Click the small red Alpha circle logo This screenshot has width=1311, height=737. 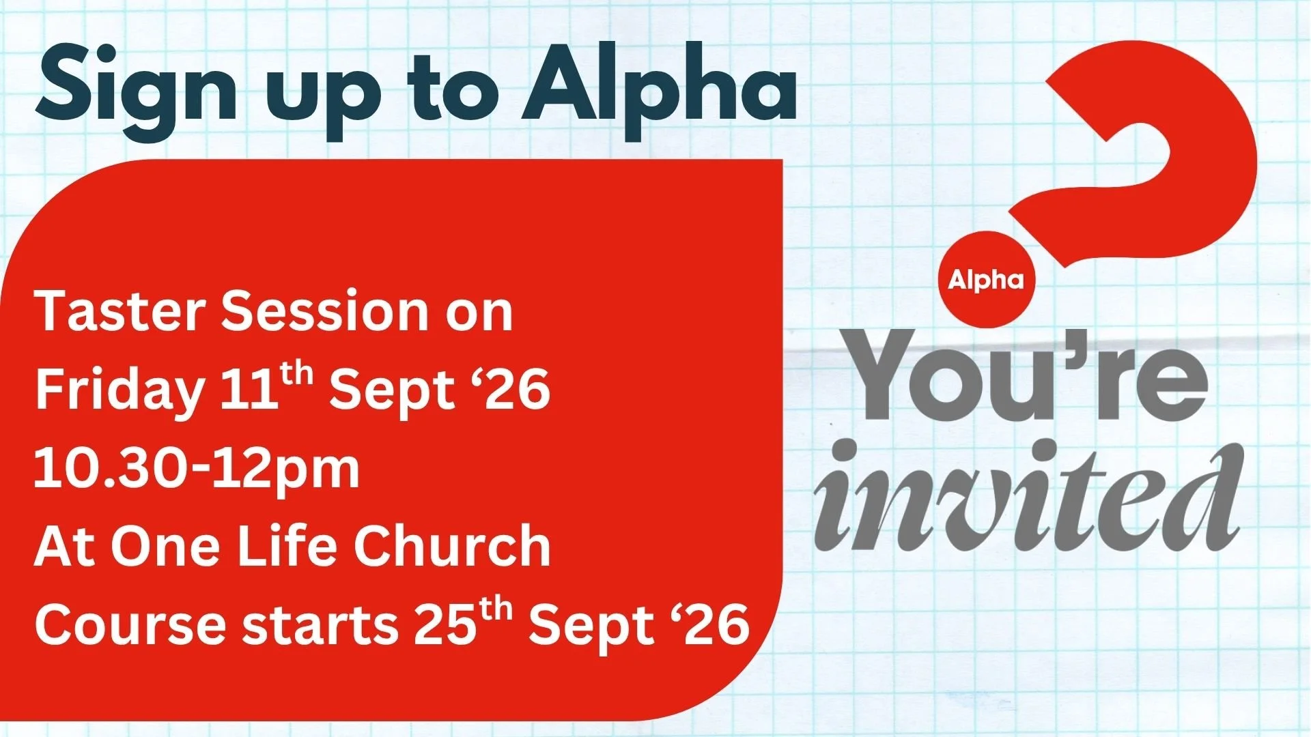coord(986,279)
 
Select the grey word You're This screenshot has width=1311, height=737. coord(1028,375)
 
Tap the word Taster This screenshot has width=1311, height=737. coord(120,311)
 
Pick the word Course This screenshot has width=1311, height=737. coord(130,624)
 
